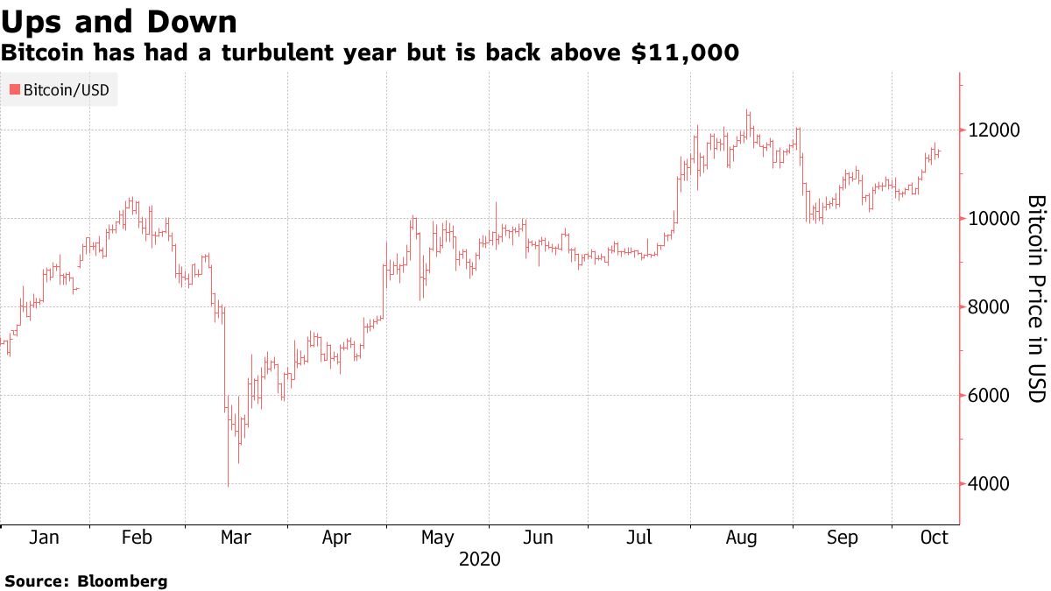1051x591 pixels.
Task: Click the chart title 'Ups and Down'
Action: pyautogui.click(x=119, y=21)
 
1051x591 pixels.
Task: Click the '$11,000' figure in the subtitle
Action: pyautogui.click(x=685, y=53)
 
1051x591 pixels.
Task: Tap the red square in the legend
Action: pyautogui.click(x=14, y=89)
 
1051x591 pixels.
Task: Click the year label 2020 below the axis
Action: pyautogui.click(x=479, y=559)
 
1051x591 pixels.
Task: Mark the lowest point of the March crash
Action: pyautogui.click(x=228, y=486)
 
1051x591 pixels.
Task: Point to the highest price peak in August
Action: pyautogui.click(x=747, y=110)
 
